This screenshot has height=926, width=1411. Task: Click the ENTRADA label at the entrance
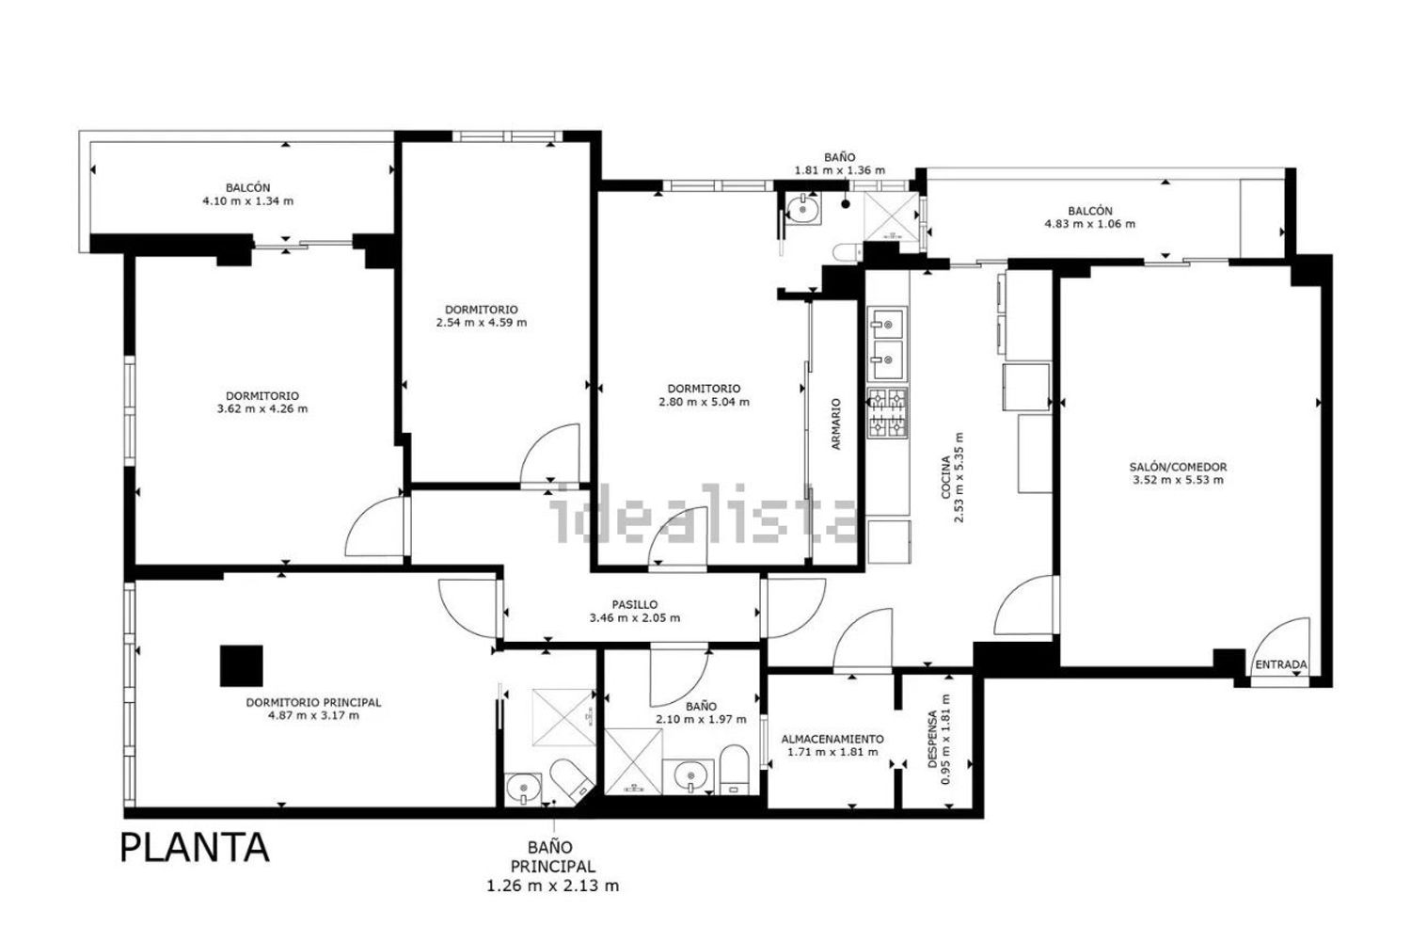tap(1280, 664)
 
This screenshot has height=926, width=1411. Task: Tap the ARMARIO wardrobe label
tap(836, 423)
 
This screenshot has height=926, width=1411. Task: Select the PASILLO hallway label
tap(634, 604)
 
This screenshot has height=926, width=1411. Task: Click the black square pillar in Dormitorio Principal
tap(241, 665)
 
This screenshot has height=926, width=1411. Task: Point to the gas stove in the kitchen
tap(888, 413)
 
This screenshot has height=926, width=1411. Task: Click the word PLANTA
tap(195, 849)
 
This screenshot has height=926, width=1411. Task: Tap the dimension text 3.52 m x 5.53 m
tap(1178, 480)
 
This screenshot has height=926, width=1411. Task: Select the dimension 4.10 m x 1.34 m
tap(247, 201)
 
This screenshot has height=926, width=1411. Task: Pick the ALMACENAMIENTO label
tap(832, 739)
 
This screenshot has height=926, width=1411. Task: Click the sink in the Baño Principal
tap(523, 788)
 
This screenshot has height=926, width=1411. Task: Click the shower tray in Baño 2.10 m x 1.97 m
tap(633, 761)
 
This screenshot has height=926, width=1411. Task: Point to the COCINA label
tap(945, 477)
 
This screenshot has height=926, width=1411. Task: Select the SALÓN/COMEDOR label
tap(1178, 467)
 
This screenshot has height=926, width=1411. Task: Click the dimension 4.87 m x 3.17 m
tap(313, 715)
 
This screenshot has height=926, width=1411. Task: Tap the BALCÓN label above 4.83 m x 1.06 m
tap(1089, 211)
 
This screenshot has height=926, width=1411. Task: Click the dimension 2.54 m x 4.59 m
tap(482, 323)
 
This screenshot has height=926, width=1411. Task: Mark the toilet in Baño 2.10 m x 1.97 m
tap(734, 770)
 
